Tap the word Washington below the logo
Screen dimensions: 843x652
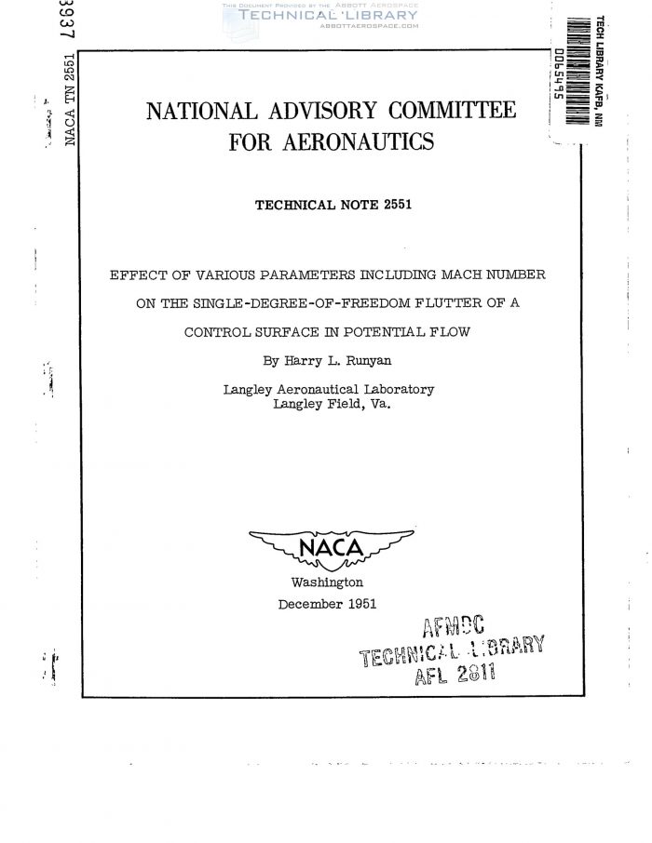click(x=327, y=582)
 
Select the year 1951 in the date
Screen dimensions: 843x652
click(x=360, y=603)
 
